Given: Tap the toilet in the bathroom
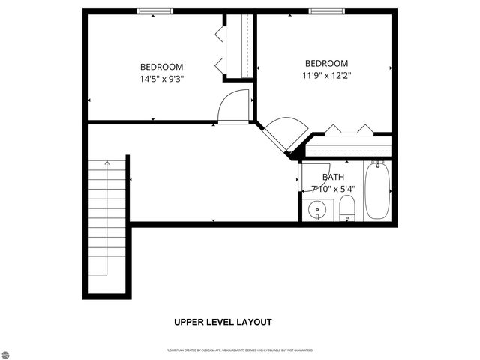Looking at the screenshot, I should tap(347, 209).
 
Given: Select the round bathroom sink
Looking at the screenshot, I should tap(318, 209).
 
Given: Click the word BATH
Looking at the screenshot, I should tap(333, 178).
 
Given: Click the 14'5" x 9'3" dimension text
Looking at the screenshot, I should tap(161, 78).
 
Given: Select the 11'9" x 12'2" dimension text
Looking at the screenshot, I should tap(326, 75).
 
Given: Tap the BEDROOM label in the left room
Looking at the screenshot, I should tap(161, 67).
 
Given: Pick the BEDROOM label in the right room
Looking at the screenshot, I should tap(326, 64).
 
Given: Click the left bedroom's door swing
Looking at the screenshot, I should tap(234, 106).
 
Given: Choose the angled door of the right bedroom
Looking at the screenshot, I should tap(283, 134).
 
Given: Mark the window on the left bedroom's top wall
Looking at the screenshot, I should tap(154, 10).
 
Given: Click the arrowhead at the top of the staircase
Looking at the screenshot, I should tap(107, 160).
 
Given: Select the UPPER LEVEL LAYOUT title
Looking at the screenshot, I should tap(223, 322).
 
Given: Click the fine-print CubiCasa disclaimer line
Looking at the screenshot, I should tap(240, 350).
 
